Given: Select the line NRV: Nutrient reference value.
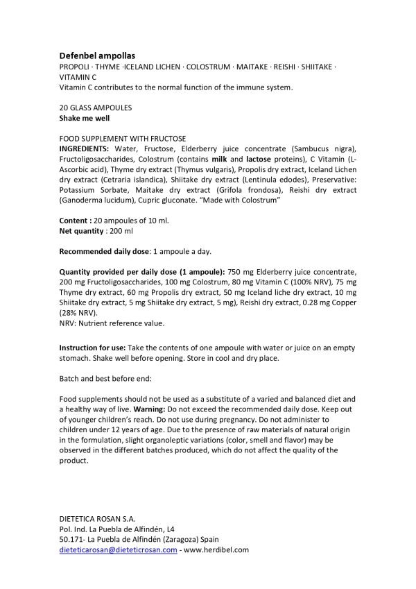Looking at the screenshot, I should pyautogui.click(x=112, y=323).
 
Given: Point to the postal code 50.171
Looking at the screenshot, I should pyautogui.click(x=72, y=539).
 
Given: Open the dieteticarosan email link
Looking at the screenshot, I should pyautogui.click(x=118, y=549).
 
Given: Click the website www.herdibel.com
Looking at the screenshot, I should pyautogui.click(x=216, y=549).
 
